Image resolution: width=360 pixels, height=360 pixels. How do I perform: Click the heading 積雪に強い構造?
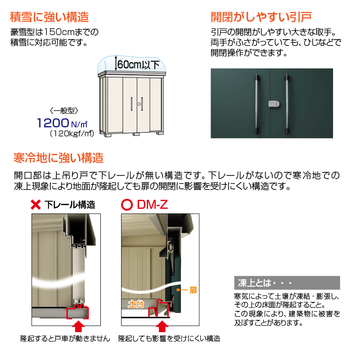(x=49, y=17)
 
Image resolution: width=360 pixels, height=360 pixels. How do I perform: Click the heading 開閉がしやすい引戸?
(x=261, y=17)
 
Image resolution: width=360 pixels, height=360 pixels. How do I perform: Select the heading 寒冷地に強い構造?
(x=58, y=158)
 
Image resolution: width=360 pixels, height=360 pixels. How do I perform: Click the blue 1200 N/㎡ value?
(x=62, y=123)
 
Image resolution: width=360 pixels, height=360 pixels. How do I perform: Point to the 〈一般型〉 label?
(x=64, y=111)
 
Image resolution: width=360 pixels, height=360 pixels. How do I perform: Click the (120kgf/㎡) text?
(x=72, y=133)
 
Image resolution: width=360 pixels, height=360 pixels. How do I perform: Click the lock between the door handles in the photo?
(x=274, y=104)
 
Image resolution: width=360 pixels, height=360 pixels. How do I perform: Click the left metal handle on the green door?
(x=256, y=104)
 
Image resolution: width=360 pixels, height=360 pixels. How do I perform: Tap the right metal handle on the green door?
(x=287, y=104)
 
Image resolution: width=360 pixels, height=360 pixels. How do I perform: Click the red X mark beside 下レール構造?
(x=36, y=205)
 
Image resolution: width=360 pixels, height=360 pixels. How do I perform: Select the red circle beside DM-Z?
(x=127, y=205)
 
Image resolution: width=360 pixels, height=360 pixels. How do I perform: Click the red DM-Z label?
(x=153, y=205)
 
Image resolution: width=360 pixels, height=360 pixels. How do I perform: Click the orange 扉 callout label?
(x=193, y=290)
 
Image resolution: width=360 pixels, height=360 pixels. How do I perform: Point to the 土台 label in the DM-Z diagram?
(x=136, y=304)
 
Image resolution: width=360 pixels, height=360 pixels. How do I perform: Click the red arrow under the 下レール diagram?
(x=78, y=326)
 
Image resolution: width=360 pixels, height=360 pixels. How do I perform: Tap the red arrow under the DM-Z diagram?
(x=162, y=326)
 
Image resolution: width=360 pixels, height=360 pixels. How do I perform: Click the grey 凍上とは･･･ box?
(x=287, y=283)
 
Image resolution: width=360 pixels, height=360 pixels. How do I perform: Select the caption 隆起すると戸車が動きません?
(x=65, y=339)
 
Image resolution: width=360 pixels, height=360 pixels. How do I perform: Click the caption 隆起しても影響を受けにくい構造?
(x=169, y=339)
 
